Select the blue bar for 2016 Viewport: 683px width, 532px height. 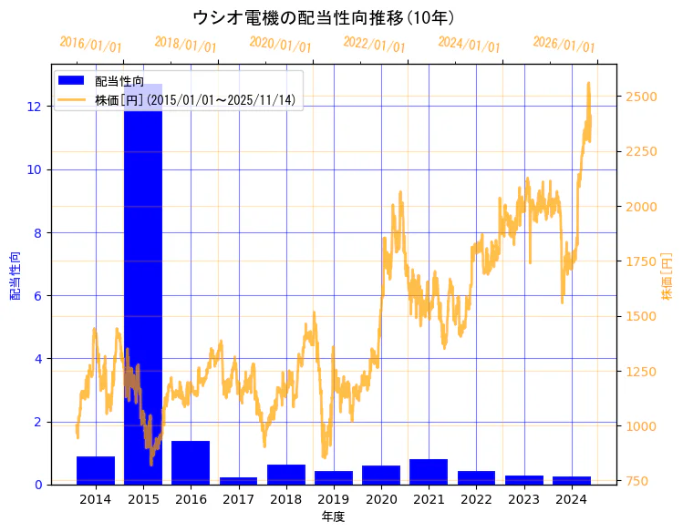[x=191, y=463]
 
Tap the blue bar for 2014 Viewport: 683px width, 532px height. [x=96, y=470]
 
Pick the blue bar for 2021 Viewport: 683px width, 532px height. [x=429, y=472]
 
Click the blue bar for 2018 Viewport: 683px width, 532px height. [x=286, y=475]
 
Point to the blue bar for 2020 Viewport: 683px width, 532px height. [x=381, y=475]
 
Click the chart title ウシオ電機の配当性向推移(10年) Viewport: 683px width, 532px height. [x=324, y=17]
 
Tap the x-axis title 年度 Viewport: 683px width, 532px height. [x=334, y=517]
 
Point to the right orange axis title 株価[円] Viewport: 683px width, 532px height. [x=667, y=277]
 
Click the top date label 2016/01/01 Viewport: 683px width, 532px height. [x=90, y=44]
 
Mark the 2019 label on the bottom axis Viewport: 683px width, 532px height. [x=334, y=499]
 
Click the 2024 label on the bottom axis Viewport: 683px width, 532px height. [x=572, y=499]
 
